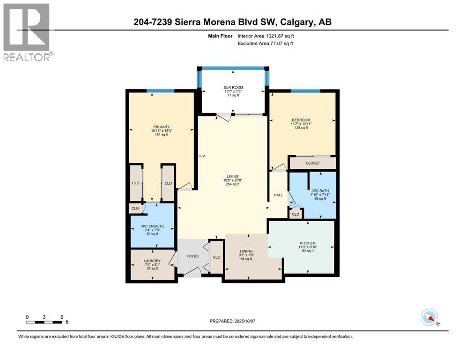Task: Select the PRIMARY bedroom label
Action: (x=161, y=126)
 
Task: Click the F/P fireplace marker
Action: (x=202, y=156)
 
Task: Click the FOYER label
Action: (x=193, y=256)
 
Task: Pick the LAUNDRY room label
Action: (x=153, y=261)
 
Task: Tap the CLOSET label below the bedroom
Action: (x=312, y=163)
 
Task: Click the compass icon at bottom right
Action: (x=429, y=317)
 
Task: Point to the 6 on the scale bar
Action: (x=61, y=317)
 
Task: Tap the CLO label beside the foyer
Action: (x=216, y=257)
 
